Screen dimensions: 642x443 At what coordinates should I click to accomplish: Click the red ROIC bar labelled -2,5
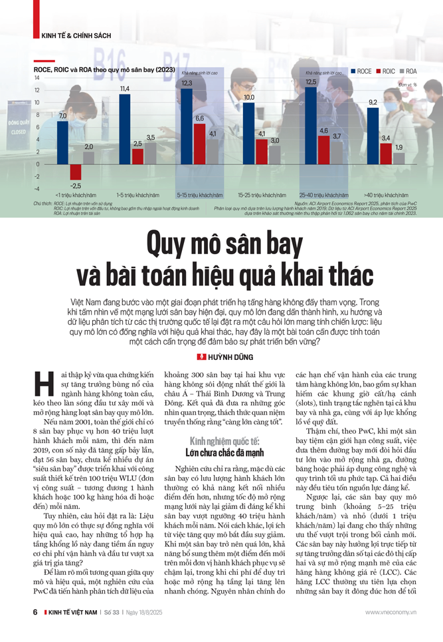[76, 172]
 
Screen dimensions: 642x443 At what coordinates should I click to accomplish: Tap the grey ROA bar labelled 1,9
[398, 158]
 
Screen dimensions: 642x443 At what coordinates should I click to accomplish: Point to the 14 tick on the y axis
[37, 78]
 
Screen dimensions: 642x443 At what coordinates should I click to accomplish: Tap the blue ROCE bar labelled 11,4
[124, 129]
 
